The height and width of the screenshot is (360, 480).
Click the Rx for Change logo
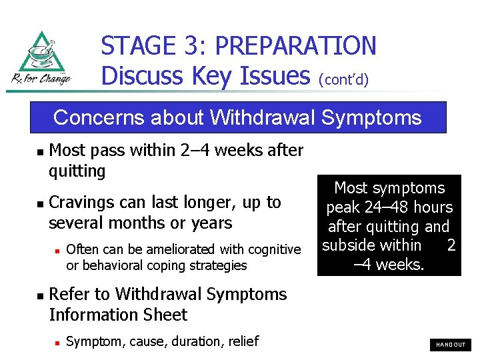click(x=41, y=59)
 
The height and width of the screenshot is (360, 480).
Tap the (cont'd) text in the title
click(x=344, y=80)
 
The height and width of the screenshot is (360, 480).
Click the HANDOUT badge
click(x=451, y=345)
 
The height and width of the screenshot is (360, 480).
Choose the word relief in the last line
click(x=243, y=341)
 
